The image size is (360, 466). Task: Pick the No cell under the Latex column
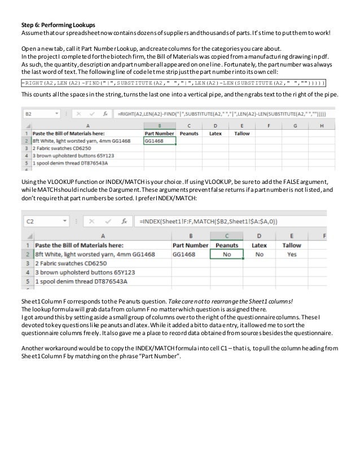[259, 254]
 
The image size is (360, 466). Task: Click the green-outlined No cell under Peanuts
[227, 254]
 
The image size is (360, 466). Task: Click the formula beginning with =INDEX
[226, 222]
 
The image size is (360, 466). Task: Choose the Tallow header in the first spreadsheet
[242, 134]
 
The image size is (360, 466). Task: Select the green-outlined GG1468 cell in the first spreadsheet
[160, 142]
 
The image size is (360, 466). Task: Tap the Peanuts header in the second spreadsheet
[227, 245]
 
